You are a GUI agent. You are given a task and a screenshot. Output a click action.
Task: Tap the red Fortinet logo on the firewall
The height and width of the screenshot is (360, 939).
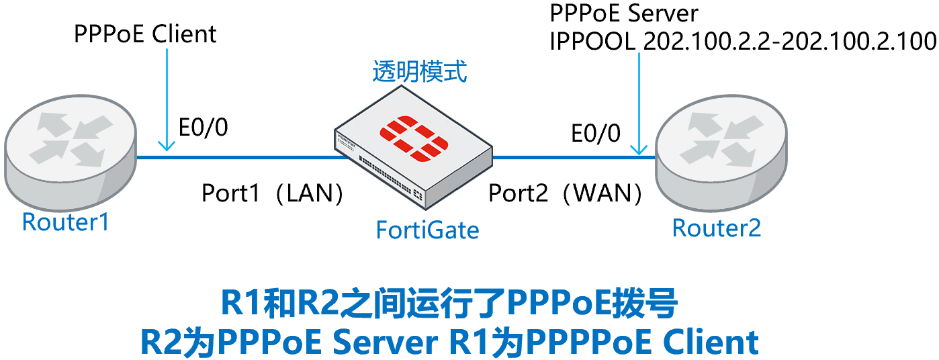click(413, 139)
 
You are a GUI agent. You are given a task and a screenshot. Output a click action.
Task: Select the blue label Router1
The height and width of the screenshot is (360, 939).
click(65, 222)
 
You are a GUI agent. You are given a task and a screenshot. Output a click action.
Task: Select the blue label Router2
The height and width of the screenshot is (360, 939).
click(717, 228)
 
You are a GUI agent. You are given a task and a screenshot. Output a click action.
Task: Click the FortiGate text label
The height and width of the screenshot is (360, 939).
click(427, 230)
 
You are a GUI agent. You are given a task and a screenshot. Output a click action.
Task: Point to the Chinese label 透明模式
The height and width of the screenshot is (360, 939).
click(419, 72)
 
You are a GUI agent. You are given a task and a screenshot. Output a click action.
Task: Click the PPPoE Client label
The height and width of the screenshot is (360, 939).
click(145, 34)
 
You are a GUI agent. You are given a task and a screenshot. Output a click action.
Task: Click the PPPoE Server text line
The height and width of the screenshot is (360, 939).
click(624, 13)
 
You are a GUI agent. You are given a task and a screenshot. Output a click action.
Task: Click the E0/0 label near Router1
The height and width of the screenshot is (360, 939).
click(202, 127)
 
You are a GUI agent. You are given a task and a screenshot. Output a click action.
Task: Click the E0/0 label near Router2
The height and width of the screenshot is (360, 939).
click(596, 133)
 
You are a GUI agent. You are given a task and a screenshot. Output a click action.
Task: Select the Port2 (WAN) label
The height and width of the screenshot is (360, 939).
click(565, 193)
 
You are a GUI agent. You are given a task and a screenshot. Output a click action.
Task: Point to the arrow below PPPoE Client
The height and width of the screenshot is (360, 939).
click(165, 101)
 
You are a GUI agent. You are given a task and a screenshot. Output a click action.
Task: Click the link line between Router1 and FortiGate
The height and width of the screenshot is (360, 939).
click(242, 158)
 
